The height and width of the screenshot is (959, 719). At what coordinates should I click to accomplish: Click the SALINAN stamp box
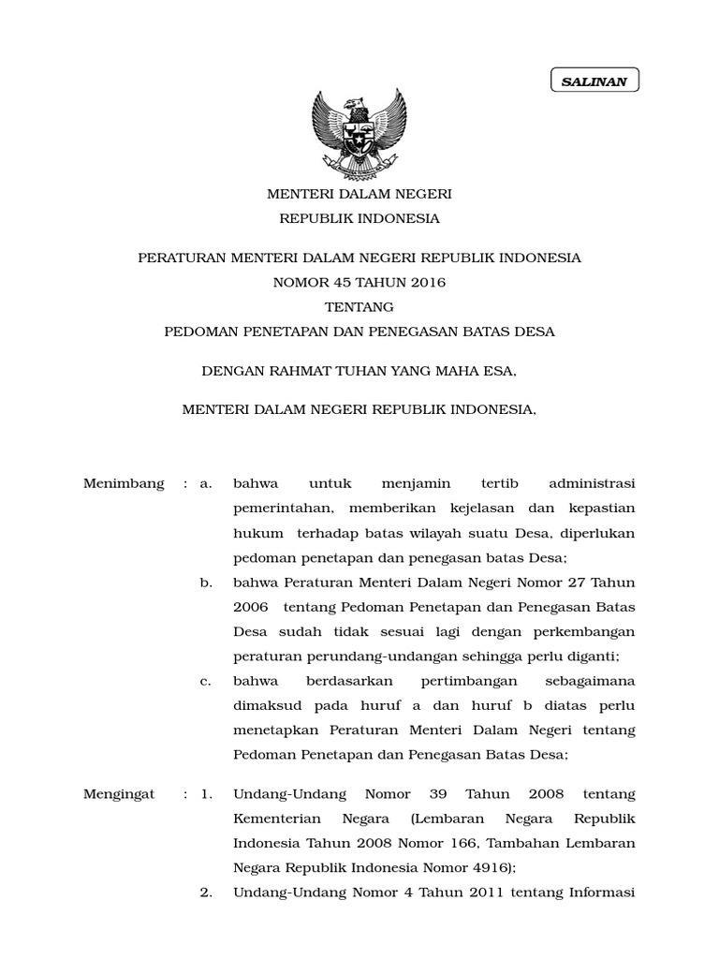click(594, 81)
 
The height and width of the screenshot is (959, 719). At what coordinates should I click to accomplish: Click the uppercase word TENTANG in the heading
click(359, 306)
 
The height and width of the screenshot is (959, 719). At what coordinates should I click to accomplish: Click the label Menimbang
click(124, 483)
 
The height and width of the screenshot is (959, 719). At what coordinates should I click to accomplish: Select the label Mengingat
click(119, 794)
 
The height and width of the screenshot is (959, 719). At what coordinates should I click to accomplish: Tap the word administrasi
click(591, 483)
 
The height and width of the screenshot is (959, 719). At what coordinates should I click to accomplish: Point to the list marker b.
click(206, 583)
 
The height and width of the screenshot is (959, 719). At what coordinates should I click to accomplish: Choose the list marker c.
click(206, 681)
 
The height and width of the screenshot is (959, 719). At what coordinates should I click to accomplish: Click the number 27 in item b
click(574, 583)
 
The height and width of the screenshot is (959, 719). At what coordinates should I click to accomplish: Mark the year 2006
click(249, 607)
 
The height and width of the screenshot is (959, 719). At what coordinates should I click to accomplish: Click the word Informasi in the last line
click(600, 893)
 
